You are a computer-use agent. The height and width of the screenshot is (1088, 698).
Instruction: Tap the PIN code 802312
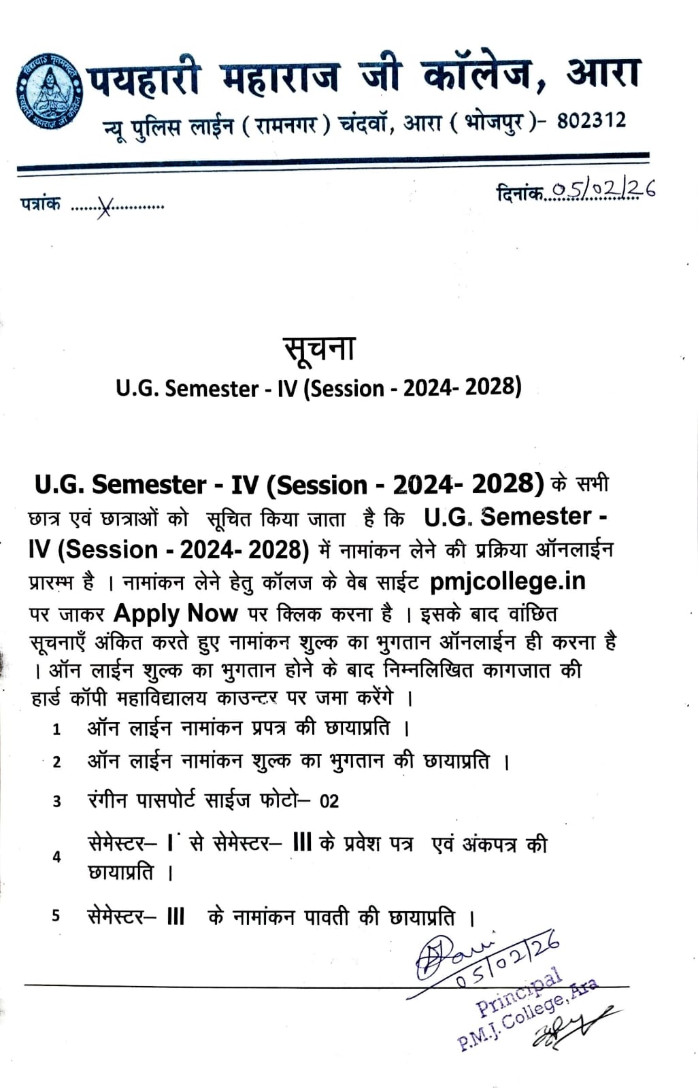point(591,121)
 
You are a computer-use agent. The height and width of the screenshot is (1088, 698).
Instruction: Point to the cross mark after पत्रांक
point(103,207)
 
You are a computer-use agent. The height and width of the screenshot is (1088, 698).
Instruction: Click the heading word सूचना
point(319,348)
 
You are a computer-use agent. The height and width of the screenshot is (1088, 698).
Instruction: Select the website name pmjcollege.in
point(508,581)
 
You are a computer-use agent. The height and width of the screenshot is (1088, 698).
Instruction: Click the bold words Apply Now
point(176,613)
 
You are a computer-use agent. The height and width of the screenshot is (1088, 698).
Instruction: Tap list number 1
point(57,730)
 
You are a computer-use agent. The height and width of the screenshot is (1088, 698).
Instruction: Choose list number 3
point(57,802)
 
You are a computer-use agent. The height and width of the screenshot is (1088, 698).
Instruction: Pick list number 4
point(56,857)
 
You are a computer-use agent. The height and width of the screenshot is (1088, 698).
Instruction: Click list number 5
point(56,916)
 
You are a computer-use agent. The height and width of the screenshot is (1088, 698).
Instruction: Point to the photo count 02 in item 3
point(329,801)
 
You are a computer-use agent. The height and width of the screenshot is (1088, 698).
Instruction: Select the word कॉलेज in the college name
point(476,75)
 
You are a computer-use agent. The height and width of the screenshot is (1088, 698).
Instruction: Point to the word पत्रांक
point(40,204)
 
